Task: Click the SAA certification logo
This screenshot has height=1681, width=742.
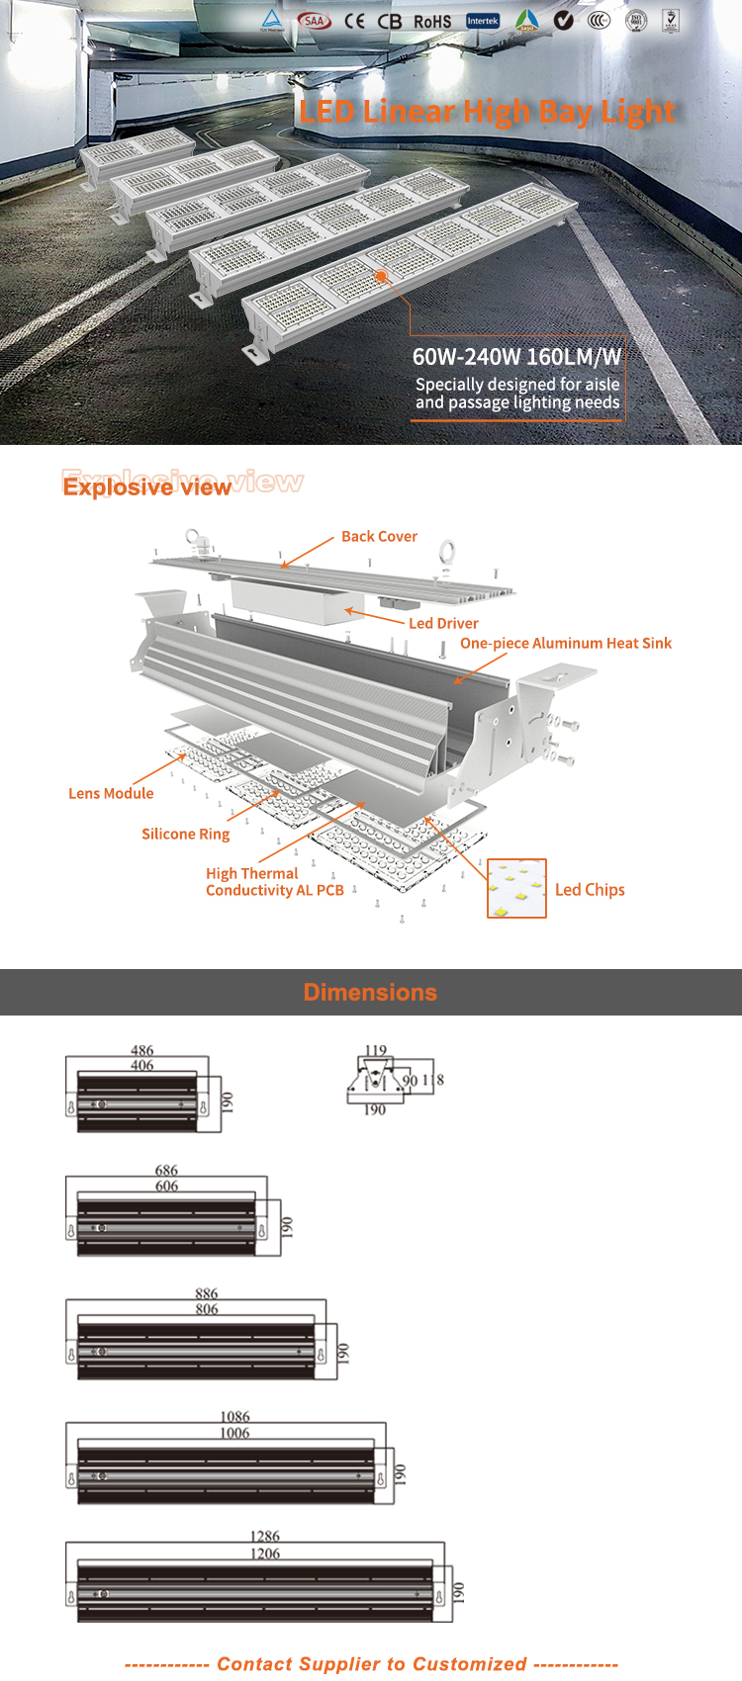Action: [x=315, y=21]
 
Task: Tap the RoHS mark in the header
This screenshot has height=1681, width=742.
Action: [x=432, y=22]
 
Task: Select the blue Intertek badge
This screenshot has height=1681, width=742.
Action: [x=483, y=21]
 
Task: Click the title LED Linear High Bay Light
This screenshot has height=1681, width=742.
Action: [x=487, y=112]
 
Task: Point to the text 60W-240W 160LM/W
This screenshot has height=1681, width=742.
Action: [x=516, y=357]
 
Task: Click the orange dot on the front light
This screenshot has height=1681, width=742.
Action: [x=380, y=276]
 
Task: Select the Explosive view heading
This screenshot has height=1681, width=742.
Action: [x=147, y=487]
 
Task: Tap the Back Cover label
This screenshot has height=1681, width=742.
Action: [x=379, y=537]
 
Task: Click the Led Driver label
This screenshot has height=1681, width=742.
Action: [x=443, y=624]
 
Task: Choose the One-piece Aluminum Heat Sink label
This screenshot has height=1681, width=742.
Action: [x=565, y=644]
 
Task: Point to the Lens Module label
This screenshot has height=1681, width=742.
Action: [x=111, y=794]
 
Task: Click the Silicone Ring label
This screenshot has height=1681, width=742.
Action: [x=185, y=835]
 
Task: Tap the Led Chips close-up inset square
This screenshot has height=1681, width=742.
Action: [x=516, y=888]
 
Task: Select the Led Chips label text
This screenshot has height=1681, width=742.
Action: [x=590, y=890]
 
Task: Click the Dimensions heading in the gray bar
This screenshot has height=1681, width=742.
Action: [x=370, y=993]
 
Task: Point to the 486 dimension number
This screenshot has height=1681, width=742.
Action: [x=141, y=1051]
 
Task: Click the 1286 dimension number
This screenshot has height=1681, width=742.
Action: [x=264, y=1537]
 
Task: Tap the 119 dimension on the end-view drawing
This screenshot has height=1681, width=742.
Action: [x=376, y=1051]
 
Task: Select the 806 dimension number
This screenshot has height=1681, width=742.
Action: [x=206, y=1309]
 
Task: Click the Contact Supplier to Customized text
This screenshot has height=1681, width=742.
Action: [x=371, y=1664]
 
